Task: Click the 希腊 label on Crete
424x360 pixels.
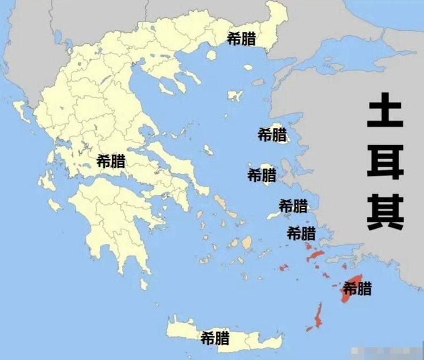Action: tap(215, 338)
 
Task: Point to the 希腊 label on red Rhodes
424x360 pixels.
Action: tap(358, 288)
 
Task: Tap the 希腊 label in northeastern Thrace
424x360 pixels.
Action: tap(242, 39)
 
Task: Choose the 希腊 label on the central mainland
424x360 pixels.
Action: tap(111, 160)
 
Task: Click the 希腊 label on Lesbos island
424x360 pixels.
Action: tap(272, 134)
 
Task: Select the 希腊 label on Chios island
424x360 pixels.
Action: tap(262, 175)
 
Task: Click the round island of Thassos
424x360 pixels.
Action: tap(248, 67)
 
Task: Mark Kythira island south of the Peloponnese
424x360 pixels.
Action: tap(143, 284)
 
